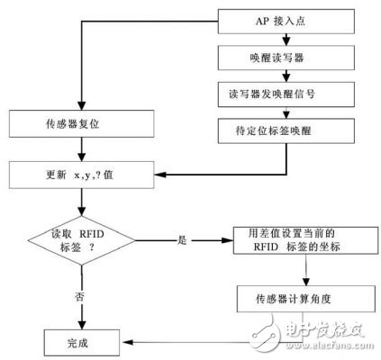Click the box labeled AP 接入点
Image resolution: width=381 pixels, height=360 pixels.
pyautogui.click(x=287, y=20)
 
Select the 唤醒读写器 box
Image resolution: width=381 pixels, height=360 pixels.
pyautogui.click(x=287, y=57)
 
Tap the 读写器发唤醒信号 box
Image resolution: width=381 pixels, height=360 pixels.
pyautogui.click(x=287, y=93)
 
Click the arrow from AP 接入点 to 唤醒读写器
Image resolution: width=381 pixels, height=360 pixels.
pyautogui.click(x=287, y=38)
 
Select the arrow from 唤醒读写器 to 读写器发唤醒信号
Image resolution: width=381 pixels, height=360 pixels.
pyautogui.click(x=287, y=75)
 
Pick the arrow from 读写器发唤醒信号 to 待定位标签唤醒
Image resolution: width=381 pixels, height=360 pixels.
pyautogui.click(x=287, y=111)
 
